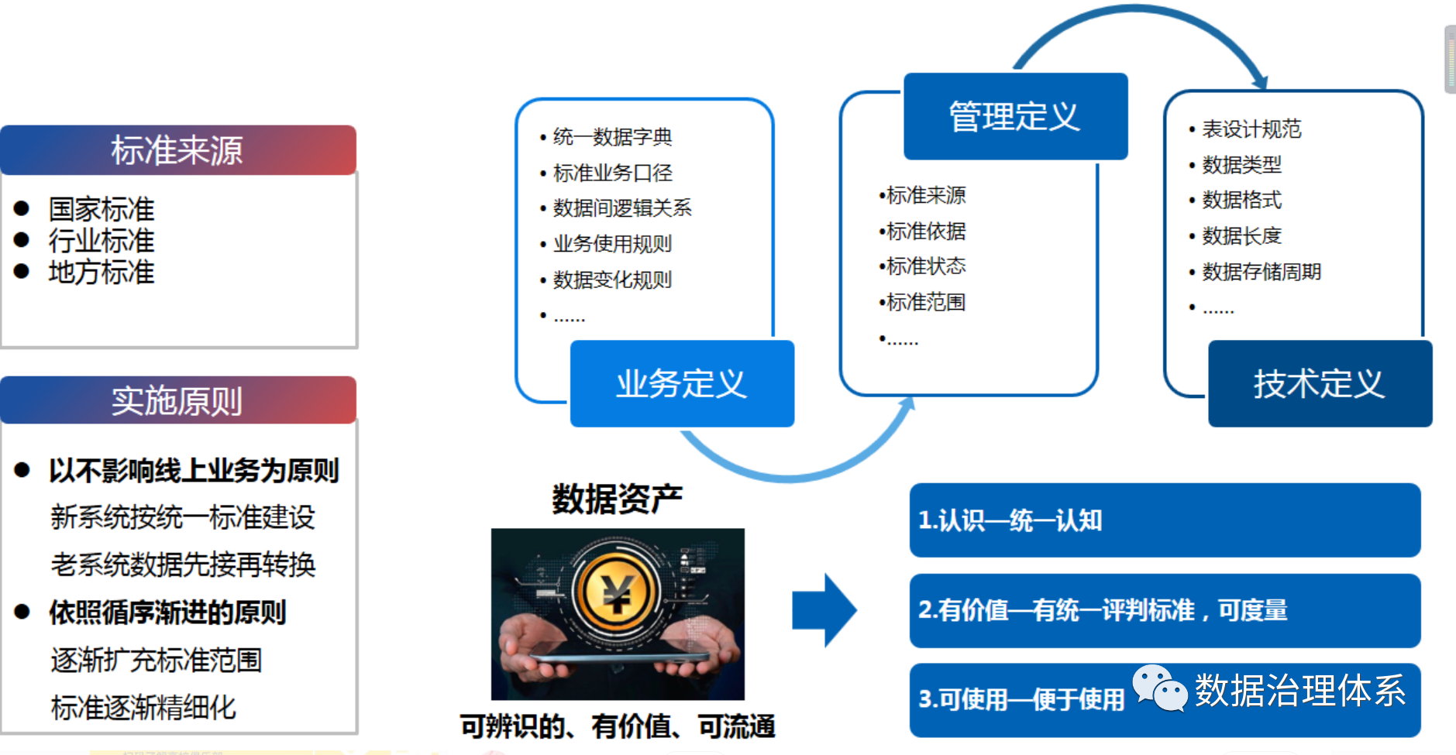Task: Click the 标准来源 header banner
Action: [x=178, y=149]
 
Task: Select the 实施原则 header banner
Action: [x=178, y=400]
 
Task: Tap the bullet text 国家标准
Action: [x=102, y=209]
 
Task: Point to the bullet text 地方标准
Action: [x=102, y=273]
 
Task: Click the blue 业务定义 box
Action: [x=682, y=383]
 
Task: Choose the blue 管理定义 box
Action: [x=1015, y=116]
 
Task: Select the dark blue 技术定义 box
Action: [x=1320, y=383]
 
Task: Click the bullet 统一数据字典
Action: [x=612, y=137]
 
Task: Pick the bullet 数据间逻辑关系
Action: [x=622, y=208]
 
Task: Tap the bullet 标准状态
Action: [x=925, y=266]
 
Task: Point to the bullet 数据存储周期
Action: [x=1262, y=271]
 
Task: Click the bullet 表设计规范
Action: [x=1251, y=129]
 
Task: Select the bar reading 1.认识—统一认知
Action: [x=1165, y=520]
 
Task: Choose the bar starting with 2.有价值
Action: [x=1165, y=610]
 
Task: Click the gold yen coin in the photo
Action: [x=617, y=593]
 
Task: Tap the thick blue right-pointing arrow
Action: [x=824, y=610]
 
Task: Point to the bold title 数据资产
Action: [x=618, y=499]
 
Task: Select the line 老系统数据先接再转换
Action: [x=183, y=565]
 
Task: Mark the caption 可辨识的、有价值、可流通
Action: [x=618, y=726]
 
